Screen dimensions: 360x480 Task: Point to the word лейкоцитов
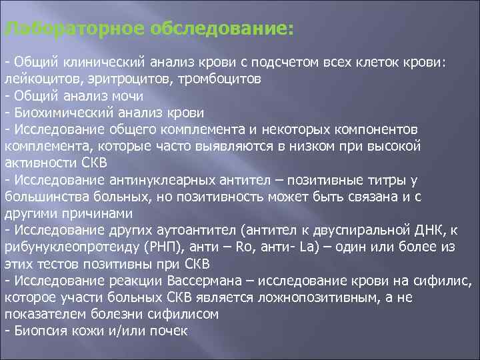pos(36,78)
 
